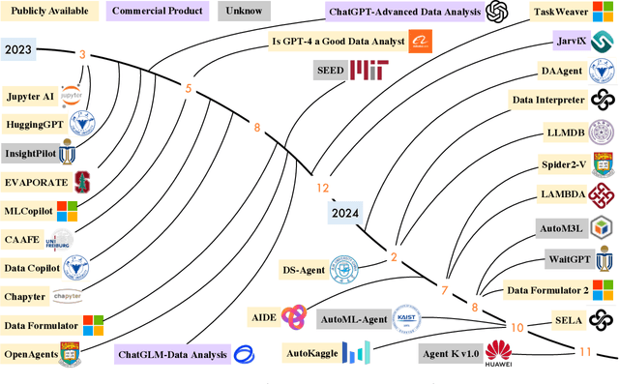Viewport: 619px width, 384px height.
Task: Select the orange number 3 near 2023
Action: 83,55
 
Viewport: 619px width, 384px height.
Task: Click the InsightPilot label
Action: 30,153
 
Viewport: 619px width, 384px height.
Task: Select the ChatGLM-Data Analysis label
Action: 171,355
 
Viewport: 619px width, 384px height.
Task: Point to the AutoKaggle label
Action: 312,354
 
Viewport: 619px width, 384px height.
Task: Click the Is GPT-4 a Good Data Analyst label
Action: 337,41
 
